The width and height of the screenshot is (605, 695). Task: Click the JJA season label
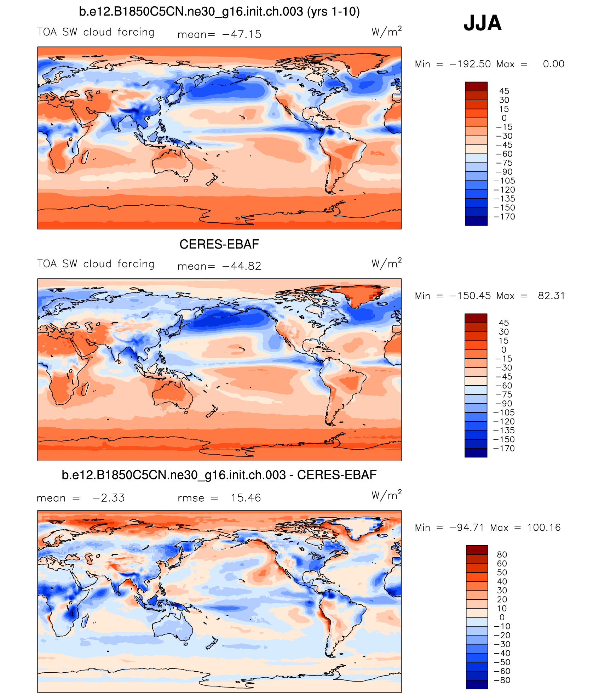click(483, 23)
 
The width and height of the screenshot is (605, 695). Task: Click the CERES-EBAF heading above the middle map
click(219, 244)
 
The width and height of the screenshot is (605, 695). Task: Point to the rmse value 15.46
click(246, 498)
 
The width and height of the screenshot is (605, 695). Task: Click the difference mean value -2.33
click(108, 498)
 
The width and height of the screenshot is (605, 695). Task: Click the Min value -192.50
click(470, 64)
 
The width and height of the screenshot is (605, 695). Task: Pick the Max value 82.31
click(551, 296)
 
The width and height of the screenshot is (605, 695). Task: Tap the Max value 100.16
click(544, 528)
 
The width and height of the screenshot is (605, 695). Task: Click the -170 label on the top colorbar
click(505, 217)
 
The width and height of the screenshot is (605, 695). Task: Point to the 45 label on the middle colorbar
click(504, 323)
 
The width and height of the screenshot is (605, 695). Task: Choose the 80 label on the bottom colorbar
click(502, 554)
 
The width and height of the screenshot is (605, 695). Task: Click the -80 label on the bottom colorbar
click(502, 680)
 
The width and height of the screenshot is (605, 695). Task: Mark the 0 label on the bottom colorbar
click(502, 617)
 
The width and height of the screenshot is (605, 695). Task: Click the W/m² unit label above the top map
click(386, 32)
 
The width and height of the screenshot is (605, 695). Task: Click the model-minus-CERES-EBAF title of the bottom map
click(219, 475)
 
